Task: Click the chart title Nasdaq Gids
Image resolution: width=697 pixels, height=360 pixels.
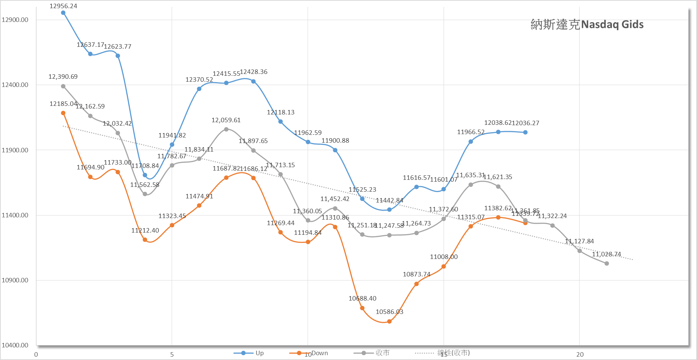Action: pos(587,25)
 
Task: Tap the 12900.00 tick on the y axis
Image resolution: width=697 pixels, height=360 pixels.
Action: pos(15,20)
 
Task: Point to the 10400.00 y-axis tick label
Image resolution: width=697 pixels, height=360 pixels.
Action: pos(15,345)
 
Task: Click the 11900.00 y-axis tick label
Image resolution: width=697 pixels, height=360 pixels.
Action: pos(15,150)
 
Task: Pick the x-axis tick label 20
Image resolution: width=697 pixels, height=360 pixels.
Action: pos(580,354)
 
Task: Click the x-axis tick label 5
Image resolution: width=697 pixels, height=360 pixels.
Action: pos(172,354)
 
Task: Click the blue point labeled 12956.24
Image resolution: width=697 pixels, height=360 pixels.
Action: pos(63,13)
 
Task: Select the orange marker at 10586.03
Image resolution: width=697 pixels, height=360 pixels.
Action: pos(389,321)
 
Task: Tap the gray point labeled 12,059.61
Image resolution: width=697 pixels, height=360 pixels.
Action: pos(226,129)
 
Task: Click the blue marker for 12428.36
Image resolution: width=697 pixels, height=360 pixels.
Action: pos(253,81)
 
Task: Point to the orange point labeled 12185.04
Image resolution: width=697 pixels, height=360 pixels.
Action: pos(63,113)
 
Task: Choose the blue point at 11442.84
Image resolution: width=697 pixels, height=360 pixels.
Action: pos(389,210)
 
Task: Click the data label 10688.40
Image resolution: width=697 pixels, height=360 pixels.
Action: pos(362,298)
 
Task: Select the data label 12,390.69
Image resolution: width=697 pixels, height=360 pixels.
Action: pos(63,77)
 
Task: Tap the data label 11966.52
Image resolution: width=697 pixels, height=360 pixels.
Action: pos(471,132)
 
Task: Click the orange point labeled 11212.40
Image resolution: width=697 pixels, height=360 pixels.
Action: pos(145,240)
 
